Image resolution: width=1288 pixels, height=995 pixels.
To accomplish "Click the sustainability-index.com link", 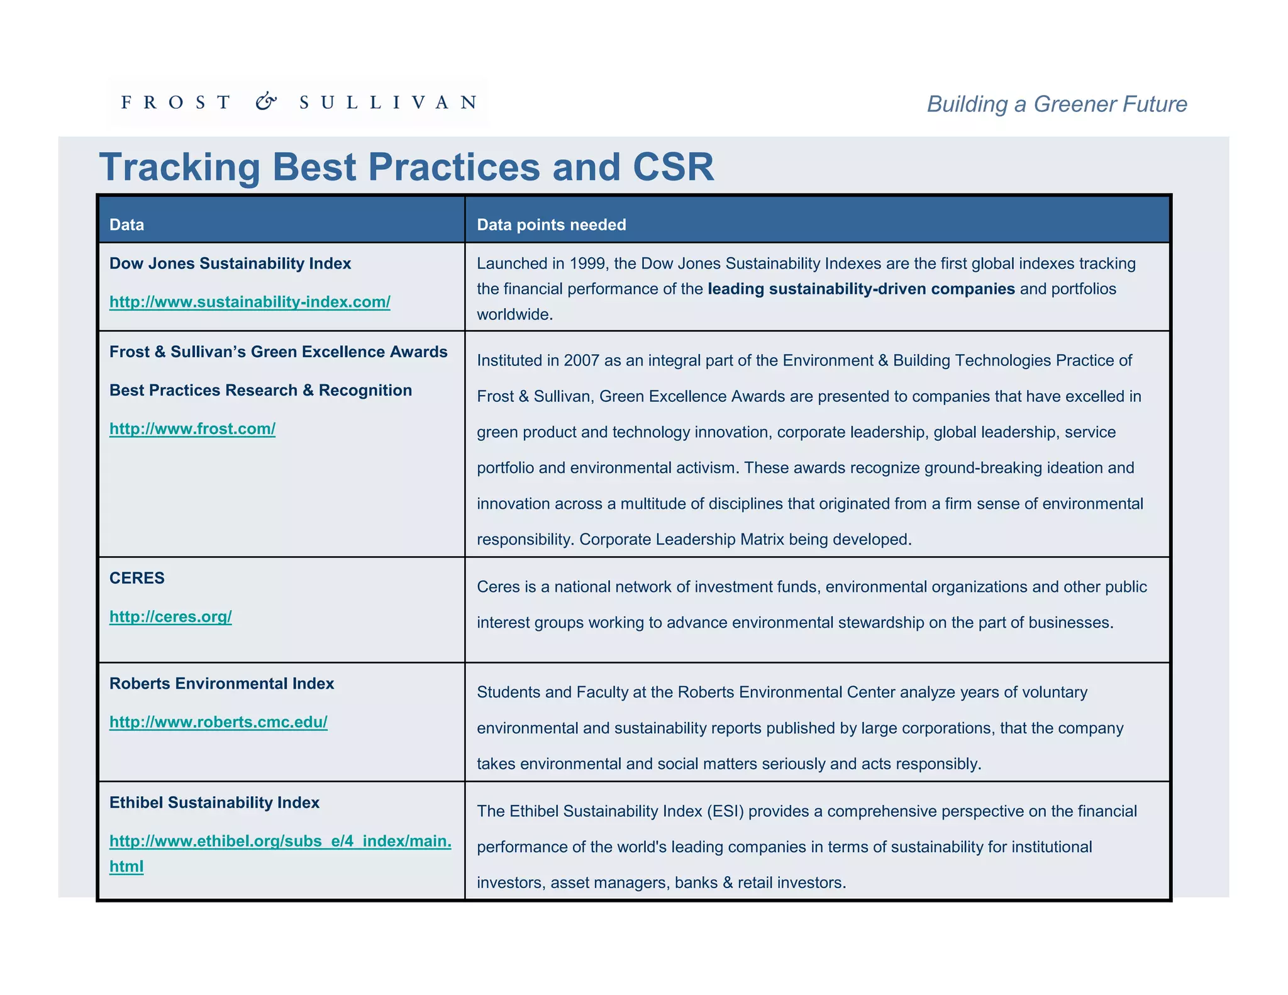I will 250,302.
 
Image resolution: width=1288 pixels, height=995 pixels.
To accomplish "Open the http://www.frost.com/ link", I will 192,429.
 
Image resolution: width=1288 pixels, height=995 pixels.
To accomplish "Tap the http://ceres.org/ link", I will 170,616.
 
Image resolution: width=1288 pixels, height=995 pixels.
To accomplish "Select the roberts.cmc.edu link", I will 218,722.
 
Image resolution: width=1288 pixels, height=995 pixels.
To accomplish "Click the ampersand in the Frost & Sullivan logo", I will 266,101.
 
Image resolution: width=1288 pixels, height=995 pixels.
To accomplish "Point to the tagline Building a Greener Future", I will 1057,104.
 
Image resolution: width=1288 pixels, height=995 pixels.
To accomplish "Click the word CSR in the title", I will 673,167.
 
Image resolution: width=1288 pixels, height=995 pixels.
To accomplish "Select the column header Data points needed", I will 552,225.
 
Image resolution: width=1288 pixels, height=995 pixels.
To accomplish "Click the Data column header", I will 127,225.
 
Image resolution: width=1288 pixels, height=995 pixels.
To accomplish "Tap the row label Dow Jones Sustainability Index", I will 230,264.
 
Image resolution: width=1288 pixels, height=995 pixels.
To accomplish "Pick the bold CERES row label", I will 137,578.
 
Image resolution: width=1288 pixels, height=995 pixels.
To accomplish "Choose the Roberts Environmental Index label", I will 221,684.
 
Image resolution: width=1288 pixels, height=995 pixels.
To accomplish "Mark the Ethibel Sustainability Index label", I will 214,803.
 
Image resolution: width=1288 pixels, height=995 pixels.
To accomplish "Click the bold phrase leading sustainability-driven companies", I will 861,289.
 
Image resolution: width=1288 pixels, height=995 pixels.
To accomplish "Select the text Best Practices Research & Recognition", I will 260,391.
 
